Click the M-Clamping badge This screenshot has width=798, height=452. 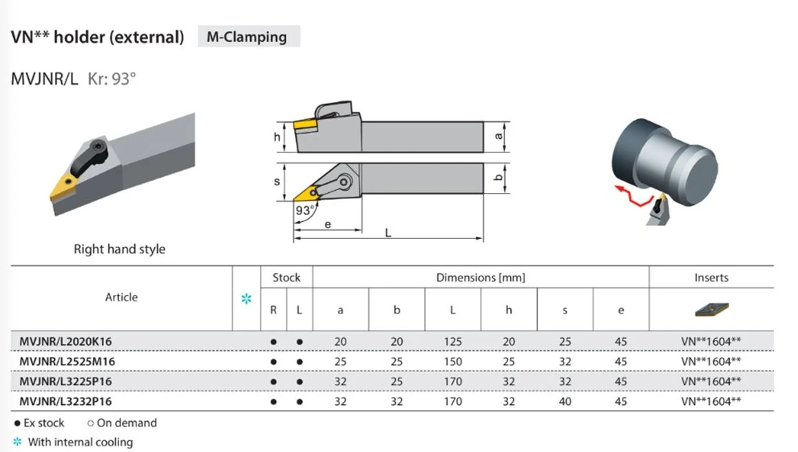coord(249,37)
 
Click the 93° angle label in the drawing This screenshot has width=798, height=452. coord(305,210)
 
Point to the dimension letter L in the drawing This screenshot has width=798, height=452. coord(388,233)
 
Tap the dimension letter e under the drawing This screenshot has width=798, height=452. coord(328,224)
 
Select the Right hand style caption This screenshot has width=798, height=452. coord(120,249)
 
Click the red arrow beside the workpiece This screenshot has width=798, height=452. coord(633,196)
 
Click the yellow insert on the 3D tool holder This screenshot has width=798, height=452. coord(63,187)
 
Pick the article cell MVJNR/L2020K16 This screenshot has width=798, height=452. coord(65,342)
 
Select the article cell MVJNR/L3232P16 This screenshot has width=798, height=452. coord(65,402)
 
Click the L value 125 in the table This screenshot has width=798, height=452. coord(452,342)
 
